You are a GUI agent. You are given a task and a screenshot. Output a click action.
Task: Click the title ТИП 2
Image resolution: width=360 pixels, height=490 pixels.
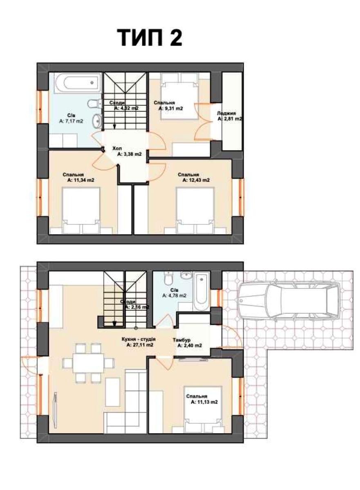150,38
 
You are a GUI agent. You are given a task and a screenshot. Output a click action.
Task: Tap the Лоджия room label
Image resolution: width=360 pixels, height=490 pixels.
226,114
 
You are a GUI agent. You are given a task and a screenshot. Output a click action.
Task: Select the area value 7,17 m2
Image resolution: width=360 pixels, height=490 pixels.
71,121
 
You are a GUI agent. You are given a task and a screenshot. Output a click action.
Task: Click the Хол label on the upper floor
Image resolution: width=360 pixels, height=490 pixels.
117,149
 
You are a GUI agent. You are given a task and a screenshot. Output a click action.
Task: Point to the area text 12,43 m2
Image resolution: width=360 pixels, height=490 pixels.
196,180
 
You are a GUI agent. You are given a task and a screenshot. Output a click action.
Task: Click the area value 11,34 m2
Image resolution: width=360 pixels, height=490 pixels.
81,180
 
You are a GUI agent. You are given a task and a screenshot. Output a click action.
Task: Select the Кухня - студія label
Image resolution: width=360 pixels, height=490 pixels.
139,339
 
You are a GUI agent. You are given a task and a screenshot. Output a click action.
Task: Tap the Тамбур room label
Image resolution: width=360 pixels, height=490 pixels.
181,340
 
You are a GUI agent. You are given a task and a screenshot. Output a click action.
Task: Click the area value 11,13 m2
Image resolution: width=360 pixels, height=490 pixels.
204,402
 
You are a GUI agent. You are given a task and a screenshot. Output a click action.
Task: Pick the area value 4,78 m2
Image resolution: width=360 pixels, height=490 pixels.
174,296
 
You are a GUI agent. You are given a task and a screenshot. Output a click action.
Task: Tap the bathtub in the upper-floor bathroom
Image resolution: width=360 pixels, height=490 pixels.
78,82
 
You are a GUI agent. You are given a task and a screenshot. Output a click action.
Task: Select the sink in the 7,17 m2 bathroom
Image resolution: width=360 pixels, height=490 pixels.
97,121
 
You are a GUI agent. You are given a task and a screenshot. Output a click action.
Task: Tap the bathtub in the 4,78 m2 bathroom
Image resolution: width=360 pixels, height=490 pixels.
201,291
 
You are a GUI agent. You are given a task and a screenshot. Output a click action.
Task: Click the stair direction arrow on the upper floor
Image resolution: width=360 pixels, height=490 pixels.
114,127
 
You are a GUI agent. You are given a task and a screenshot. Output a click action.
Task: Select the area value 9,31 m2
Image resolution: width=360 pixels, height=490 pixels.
171,108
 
